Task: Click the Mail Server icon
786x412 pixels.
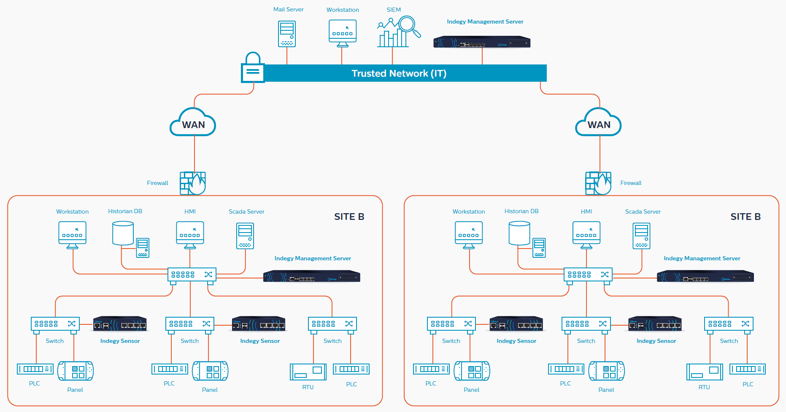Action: click(x=287, y=34)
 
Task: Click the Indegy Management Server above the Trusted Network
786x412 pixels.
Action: click(x=482, y=42)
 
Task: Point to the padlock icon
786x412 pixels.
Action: click(x=253, y=67)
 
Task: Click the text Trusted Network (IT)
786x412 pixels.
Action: click(x=399, y=73)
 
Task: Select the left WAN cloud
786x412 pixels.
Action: click(x=193, y=122)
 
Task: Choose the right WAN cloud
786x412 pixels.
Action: click(x=598, y=122)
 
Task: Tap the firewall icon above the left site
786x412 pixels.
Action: click(x=193, y=183)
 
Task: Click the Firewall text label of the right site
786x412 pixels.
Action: click(x=631, y=183)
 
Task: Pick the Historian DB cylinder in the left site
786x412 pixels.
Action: click(x=123, y=234)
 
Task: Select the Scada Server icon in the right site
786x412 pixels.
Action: click(x=641, y=236)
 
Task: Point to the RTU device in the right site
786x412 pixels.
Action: click(x=705, y=372)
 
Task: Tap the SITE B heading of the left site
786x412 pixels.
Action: click(x=349, y=217)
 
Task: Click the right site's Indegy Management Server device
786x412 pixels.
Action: click(x=705, y=277)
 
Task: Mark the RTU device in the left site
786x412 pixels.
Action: click(x=308, y=372)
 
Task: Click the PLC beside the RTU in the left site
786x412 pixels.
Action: click(x=351, y=369)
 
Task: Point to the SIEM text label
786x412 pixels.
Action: click(x=394, y=10)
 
